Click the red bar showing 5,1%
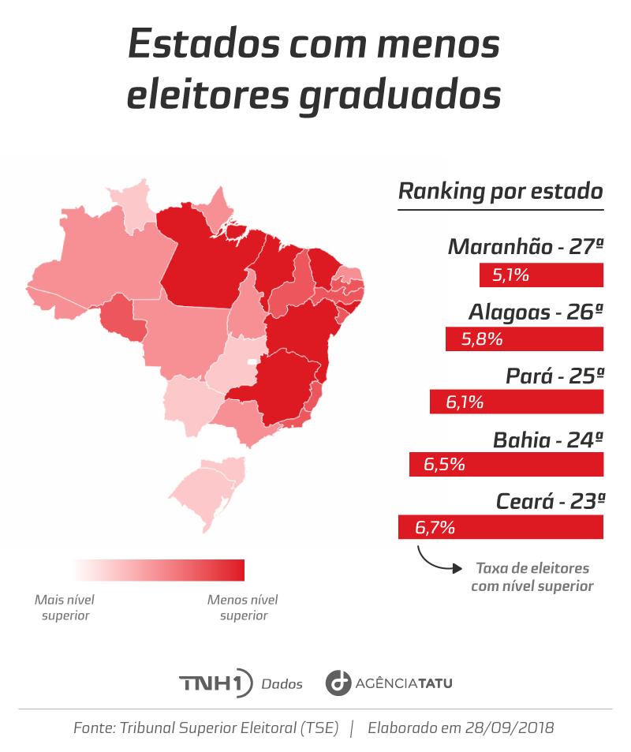point(541,275)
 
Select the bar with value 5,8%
point(524,339)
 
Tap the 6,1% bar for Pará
point(516,402)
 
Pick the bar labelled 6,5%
point(506,465)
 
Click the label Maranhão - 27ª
point(525,246)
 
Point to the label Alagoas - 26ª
point(536,312)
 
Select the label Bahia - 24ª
point(548,440)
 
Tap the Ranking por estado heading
point(500,191)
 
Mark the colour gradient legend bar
point(158,570)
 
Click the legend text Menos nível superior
point(243,607)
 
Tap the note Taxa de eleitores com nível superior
point(532,577)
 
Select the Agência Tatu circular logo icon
point(338,683)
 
